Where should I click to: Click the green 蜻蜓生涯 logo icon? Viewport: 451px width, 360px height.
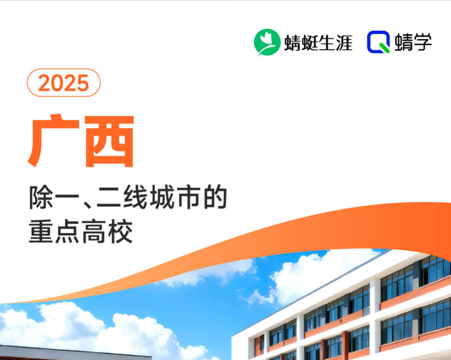pyautogui.click(x=267, y=42)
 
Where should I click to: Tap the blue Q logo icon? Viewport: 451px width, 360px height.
pyautogui.click(x=378, y=42)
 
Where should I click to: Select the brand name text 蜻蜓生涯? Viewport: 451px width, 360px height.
pyautogui.click(x=318, y=43)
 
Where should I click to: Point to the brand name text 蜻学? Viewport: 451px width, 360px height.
pyautogui.click(x=413, y=43)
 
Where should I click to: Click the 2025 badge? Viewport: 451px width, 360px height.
pyautogui.click(x=64, y=83)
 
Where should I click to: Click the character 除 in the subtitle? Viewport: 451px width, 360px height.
pyautogui.click(x=40, y=198)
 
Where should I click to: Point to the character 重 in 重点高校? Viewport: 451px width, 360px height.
pyautogui.click(x=40, y=232)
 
